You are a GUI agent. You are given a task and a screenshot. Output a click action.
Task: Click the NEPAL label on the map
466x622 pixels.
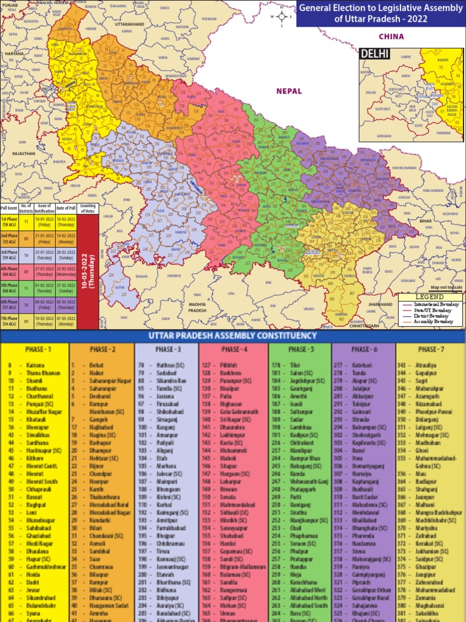(289, 91)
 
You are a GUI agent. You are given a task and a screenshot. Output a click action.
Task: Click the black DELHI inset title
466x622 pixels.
(374, 54)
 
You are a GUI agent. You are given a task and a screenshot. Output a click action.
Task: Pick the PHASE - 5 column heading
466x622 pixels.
(300, 350)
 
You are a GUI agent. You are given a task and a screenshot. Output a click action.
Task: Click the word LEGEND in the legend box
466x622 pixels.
(430, 296)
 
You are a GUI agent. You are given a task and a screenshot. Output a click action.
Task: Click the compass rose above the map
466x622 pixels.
(282, 17)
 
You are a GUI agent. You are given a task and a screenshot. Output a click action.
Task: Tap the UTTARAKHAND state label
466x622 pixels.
(129, 24)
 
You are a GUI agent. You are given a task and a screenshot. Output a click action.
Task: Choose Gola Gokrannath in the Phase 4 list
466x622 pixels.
(236, 411)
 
